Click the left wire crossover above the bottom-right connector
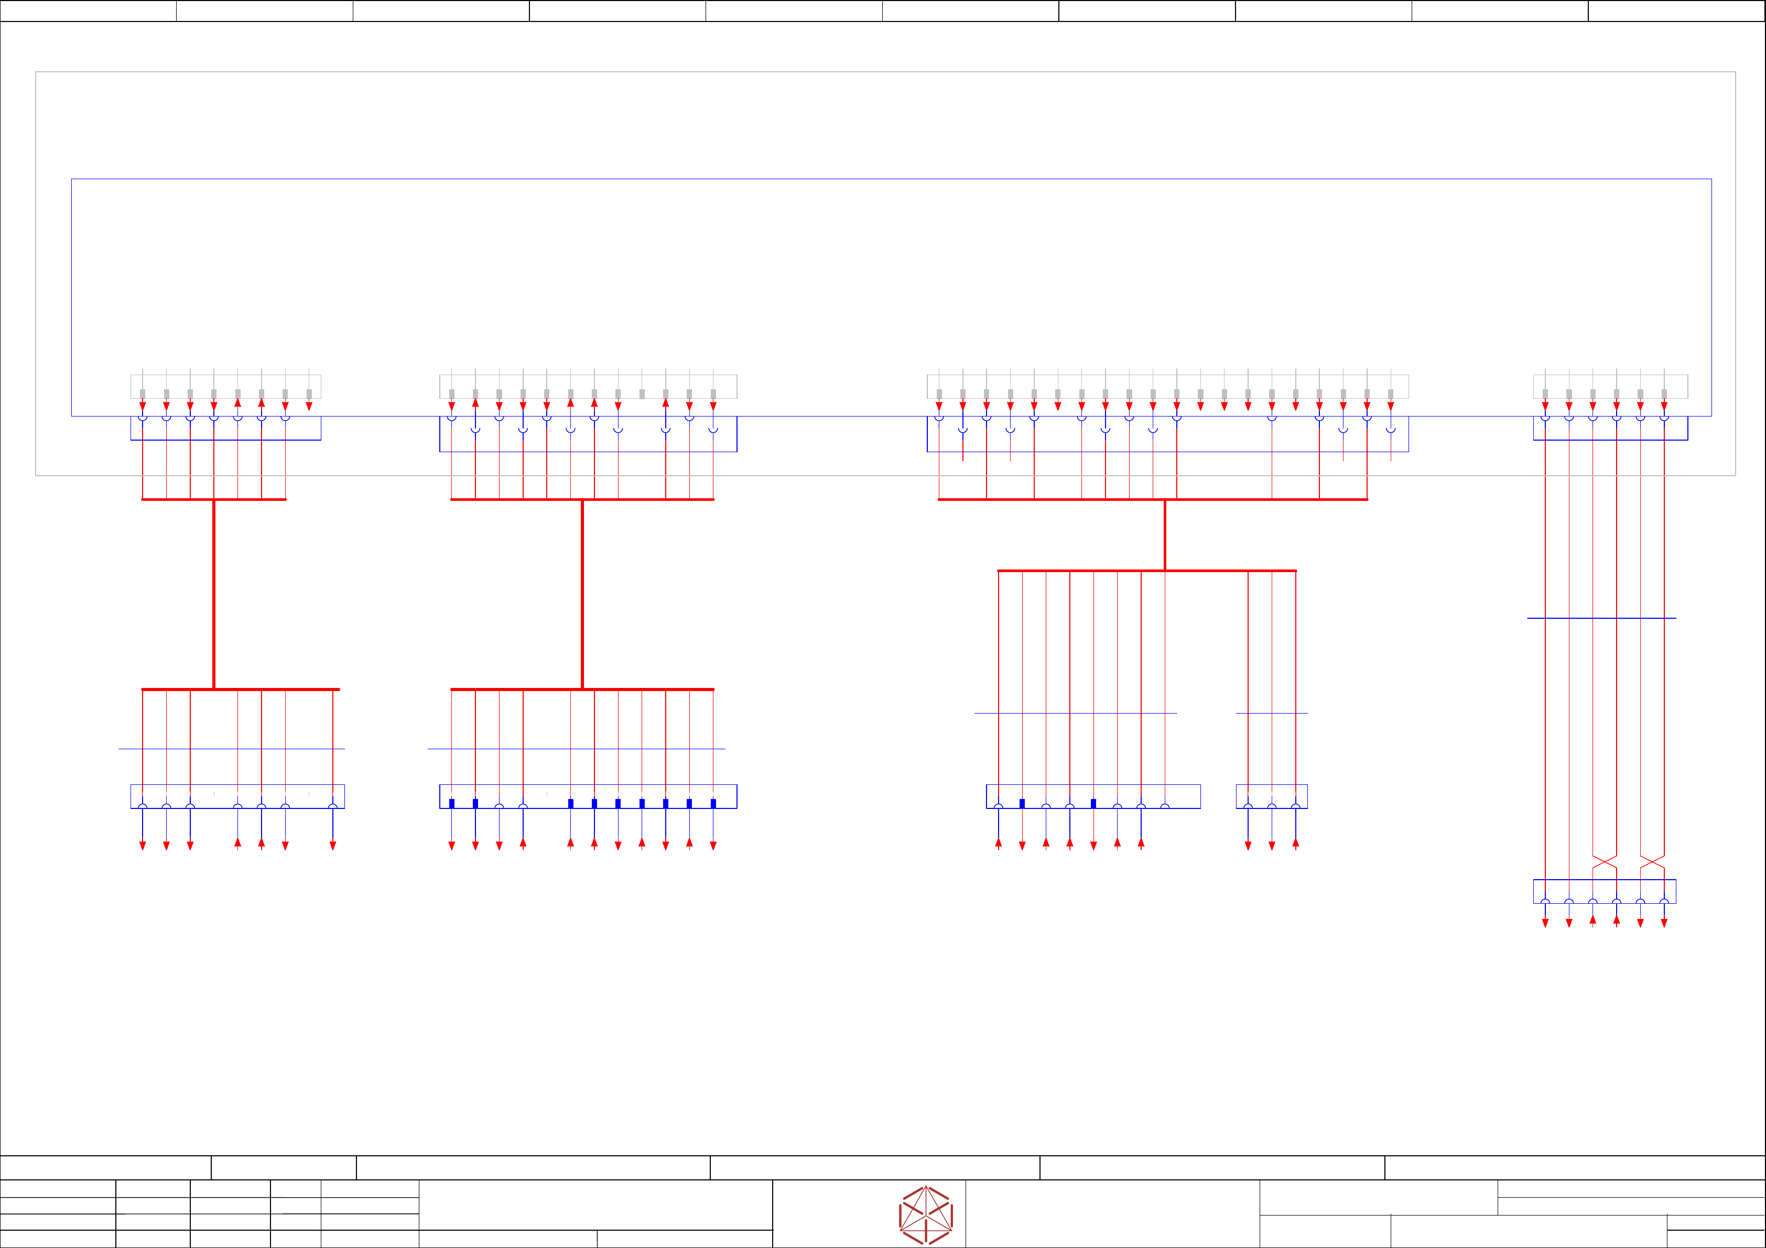[1605, 862]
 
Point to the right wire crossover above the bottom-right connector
[1652, 862]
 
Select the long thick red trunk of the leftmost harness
[214, 594]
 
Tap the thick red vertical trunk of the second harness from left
[582, 594]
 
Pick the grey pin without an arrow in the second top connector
[642, 393]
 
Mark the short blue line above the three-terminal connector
[1272, 714]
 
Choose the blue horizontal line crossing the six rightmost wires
[1601, 618]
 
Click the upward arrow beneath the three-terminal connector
[1295, 844]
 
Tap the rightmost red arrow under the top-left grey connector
[309, 405]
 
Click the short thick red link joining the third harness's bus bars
[1165, 535]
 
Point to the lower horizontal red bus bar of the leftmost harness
[240, 689]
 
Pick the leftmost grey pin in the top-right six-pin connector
[1545, 393]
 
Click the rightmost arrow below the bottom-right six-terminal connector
[1664, 923]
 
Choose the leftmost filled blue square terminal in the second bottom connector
[451, 804]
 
